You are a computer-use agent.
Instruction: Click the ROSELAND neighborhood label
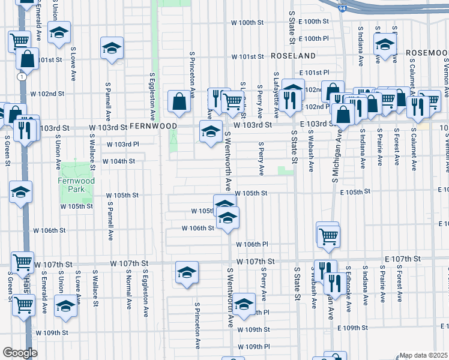293,56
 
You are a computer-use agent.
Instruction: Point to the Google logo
20,353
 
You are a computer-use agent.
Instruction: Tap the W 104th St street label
118,161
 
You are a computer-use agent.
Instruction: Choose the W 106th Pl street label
252,244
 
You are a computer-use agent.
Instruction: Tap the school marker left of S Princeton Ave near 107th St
187,273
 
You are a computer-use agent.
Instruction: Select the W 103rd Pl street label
122,145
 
